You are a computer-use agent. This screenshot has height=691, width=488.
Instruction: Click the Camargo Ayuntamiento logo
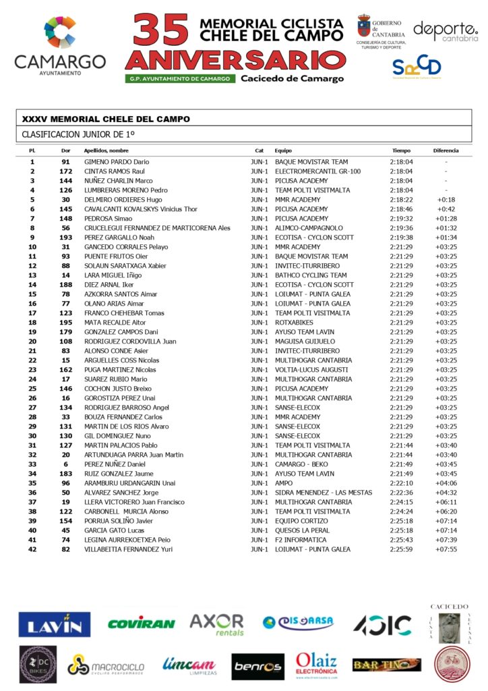[60, 45]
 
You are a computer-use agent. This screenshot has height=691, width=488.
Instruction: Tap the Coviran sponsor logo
[142, 624]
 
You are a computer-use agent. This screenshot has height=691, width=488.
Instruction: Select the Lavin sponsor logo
[55, 625]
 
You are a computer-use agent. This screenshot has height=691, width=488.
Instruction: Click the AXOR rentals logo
[216, 624]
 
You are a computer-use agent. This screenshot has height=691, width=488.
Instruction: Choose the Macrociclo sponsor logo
[106, 666]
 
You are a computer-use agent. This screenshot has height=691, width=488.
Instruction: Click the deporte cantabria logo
[445, 30]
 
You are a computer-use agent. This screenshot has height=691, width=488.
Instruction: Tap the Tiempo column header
[401, 150]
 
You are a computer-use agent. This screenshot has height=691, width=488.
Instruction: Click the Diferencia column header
[446, 150]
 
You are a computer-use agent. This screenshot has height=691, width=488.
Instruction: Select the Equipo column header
[283, 150]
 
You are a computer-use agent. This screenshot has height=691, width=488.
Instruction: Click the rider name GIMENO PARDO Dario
[117, 162]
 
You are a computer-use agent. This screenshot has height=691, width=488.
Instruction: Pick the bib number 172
[65, 171]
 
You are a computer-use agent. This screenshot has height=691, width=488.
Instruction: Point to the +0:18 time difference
[446, 200]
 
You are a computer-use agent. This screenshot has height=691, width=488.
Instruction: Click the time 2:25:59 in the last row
[401, 549]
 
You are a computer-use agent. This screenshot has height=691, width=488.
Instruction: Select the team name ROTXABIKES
[295, 323]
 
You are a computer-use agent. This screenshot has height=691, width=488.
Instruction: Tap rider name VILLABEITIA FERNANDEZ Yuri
[128, 549]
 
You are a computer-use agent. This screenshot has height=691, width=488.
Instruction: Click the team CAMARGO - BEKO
[303, 464]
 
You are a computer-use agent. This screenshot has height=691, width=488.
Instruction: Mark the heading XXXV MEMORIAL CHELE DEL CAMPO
[106, 119]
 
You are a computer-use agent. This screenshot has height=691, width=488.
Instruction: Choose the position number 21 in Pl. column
[32, 351]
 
